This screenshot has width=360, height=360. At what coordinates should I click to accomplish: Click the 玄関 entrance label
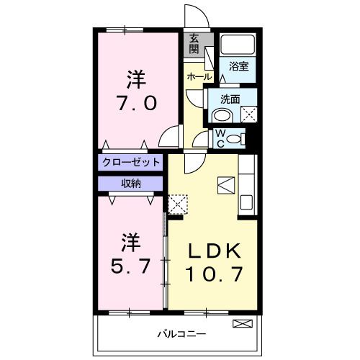(194, 44)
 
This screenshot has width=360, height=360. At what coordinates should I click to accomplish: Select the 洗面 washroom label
(230, 99)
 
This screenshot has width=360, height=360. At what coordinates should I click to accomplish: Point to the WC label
(220, 137)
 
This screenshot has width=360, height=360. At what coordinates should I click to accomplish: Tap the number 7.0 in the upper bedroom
(136, 102)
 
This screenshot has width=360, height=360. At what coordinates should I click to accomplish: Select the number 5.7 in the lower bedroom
(131, 266)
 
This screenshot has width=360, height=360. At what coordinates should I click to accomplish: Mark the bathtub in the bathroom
(238, 45)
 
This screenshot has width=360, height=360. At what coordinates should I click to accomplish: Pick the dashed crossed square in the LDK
(177, 204)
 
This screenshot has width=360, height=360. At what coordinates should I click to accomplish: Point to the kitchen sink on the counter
(246, 202)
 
